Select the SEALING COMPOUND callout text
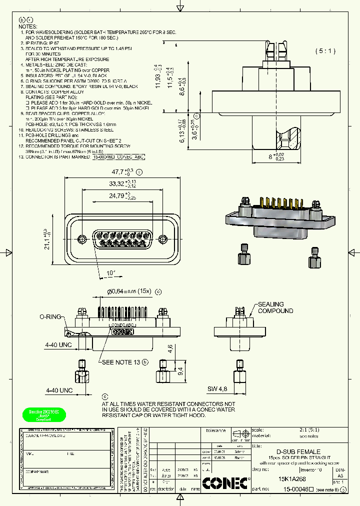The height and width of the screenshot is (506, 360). pyautogui.click(x=275, y=307)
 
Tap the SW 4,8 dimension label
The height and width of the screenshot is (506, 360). pyautogui.click(x=217, y=388)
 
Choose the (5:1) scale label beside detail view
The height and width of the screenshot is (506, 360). pyautogui.click(x=325, y=51)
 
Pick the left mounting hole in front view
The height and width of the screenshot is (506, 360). pyautogui.click(x=82, y=237)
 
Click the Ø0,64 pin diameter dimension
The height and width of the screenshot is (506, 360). pyautogui.click(x=128, y=291)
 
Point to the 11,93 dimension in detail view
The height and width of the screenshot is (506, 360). pyautogui.click(x=158, y=77)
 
